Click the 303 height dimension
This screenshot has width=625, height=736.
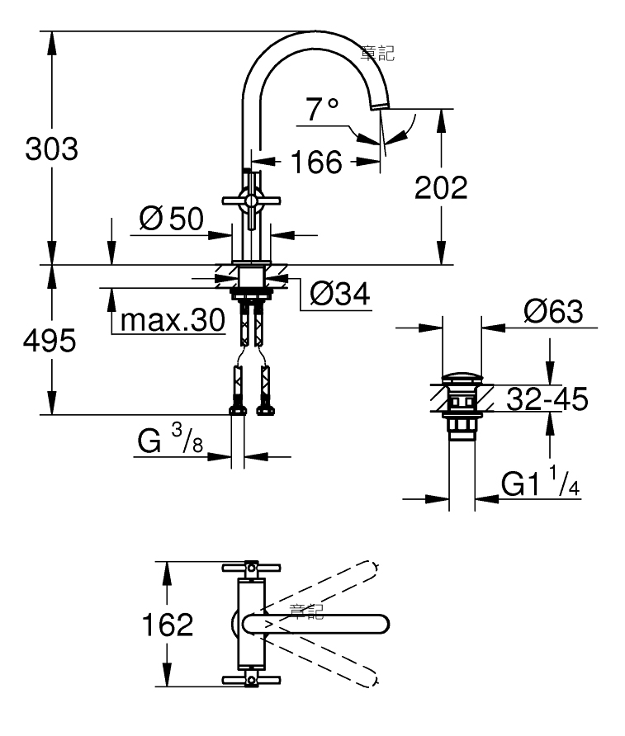tap(52, 149)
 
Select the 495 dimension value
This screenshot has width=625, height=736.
tap(50, 340)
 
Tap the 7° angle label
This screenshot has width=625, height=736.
tap(322, 109)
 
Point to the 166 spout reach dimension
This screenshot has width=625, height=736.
tap(316, 162)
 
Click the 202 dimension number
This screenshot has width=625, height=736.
tap(441, 187)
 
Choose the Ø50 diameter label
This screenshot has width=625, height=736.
tap(172, 219)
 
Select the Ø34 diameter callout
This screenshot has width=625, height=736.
tap(340, 295)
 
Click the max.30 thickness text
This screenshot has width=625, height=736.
tap(173, 321)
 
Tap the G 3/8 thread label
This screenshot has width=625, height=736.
tap(170, 439)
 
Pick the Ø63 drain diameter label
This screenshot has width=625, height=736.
tap(554, 311)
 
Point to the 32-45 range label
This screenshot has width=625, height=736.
tap(547, 399)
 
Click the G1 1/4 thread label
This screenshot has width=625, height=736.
tap(541, 481)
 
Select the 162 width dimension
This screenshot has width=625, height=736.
tap(168, 625)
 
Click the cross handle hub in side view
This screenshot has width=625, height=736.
tap(251, 201)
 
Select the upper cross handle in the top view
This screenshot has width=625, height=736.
tap(251, 569)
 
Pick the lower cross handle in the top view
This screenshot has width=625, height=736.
tap(251, 679)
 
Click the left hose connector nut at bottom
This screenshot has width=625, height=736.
tap(238, 411)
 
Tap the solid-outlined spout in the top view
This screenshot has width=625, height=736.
tap(316, 625)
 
